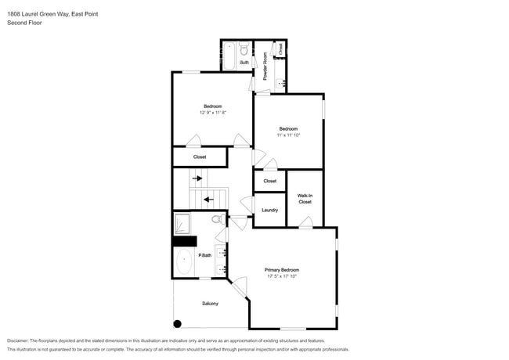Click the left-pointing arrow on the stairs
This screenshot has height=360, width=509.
coord(208,200)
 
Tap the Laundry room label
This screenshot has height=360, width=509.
coord(269,210)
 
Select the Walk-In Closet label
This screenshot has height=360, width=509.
coord(305,198)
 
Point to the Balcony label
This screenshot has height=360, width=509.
coord(210,304)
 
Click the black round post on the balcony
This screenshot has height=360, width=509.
coord(178,323)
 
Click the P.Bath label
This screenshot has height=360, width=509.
coord(205,255)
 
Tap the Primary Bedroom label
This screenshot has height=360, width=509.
coord(282,270)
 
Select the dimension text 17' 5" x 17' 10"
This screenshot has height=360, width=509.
coord(282,276)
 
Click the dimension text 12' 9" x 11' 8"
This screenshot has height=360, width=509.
coord(212,113)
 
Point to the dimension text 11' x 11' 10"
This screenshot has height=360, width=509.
coord(288,135)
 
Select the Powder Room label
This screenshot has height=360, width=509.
coord(265,66)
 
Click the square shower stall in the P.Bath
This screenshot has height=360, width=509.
coord(182,224)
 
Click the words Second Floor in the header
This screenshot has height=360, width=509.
coord(25,23)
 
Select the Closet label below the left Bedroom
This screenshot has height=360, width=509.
coord(200,157)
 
